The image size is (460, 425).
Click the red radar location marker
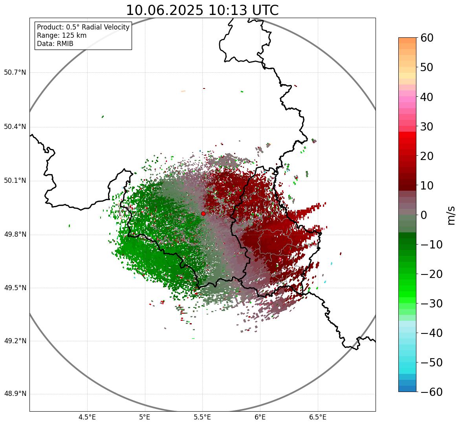[x=203, y=213]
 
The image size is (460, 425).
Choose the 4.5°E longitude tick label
[x=87, y=417]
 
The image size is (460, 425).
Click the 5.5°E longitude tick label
[x=202, y=417]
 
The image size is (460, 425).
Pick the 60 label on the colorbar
[x=427, y=38]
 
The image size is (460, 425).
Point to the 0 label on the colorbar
[x=424, y=215]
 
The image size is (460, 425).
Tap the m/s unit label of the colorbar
[x=452, y=215]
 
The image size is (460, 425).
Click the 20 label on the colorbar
[x=427, y=156]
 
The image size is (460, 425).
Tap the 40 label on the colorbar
[x=427, y=97]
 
